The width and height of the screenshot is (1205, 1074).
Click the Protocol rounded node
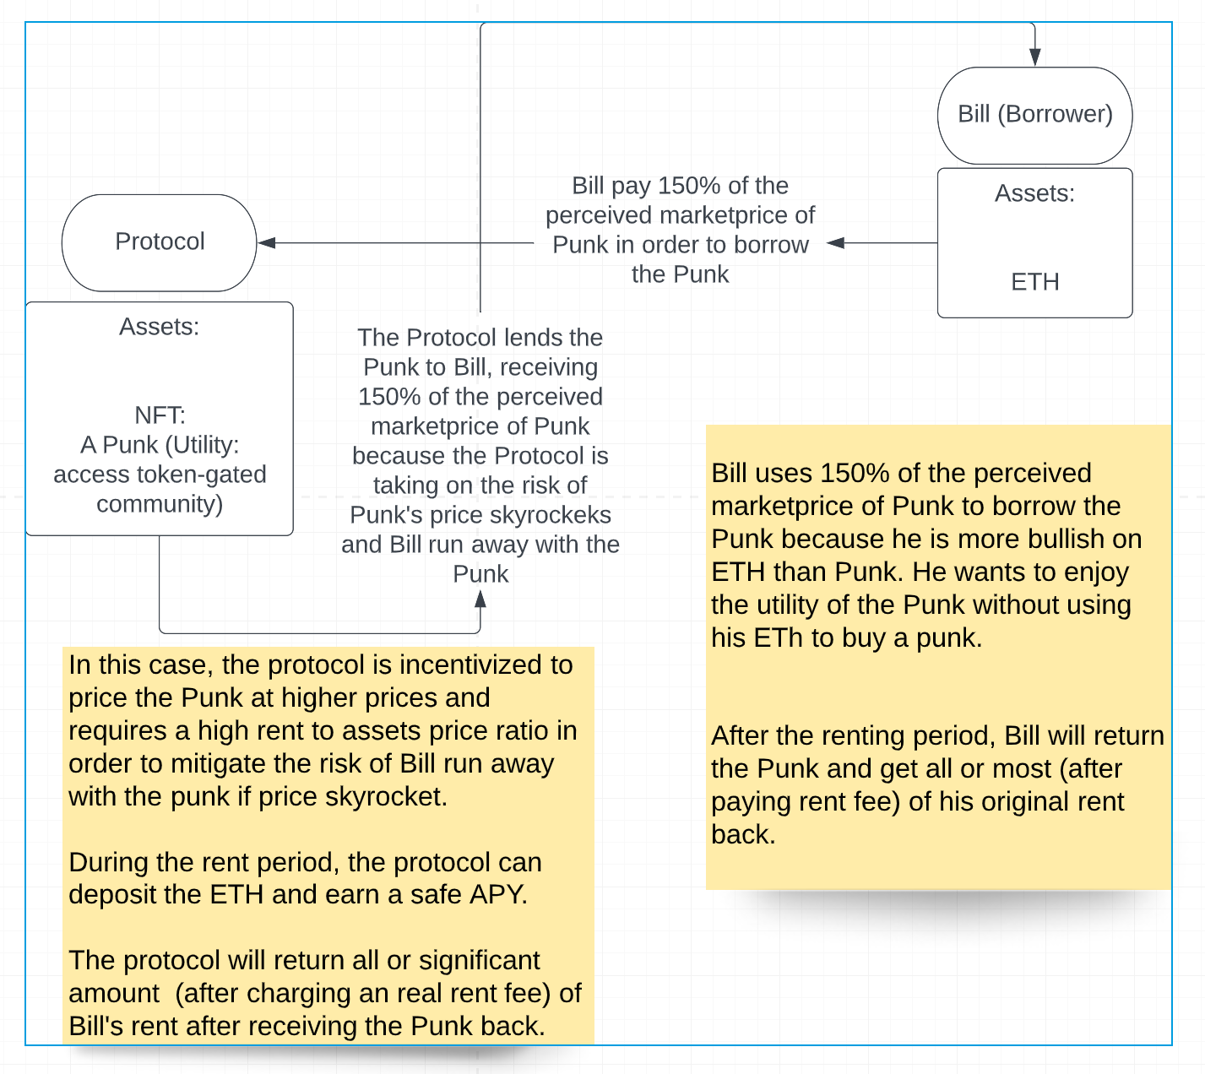click(160, 242)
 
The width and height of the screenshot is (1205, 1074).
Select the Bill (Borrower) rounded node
click(1034, 115)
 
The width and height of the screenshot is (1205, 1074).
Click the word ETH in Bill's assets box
click(1034, 282)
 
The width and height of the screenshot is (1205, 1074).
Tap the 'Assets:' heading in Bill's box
click(1034, 193)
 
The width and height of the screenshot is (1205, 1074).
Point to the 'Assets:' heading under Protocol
click(160, 327)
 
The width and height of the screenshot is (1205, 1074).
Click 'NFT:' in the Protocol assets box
click(160, 415)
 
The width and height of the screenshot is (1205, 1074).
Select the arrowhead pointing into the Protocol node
click(267, 243)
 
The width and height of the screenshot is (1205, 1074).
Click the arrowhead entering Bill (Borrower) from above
click(1034, 57)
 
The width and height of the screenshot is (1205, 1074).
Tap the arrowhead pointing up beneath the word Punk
click(480, 599)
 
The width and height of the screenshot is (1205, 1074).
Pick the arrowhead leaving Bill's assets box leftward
click(835, 243)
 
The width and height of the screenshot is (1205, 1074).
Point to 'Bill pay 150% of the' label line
click(680, 186)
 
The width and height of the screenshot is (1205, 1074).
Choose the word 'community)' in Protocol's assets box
click(160, 504)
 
